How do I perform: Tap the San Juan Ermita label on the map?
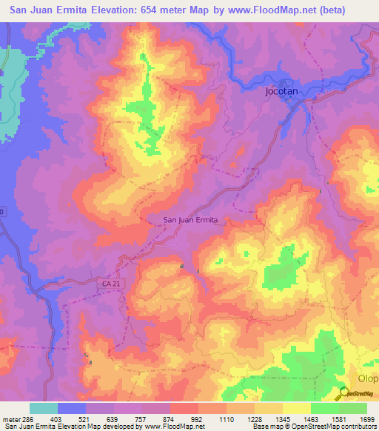[x=189, y=219]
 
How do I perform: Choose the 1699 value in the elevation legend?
[x=367, y=418]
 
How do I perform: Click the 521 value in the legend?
[x=86, y=418]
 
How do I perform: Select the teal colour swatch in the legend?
[x=44, y=408]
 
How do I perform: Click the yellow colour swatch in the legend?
[x=296, y=408]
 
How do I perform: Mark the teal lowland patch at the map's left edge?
[x=11, y=96]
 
